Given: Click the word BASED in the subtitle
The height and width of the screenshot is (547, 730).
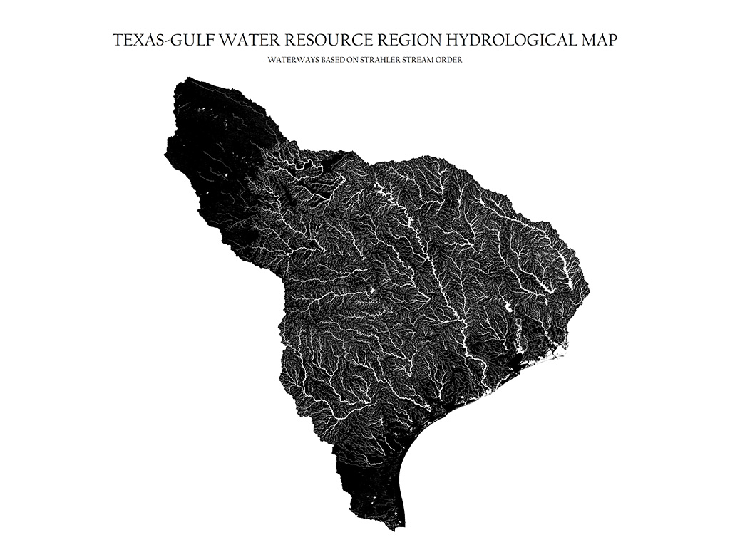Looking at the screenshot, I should [x=329, y=61].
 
